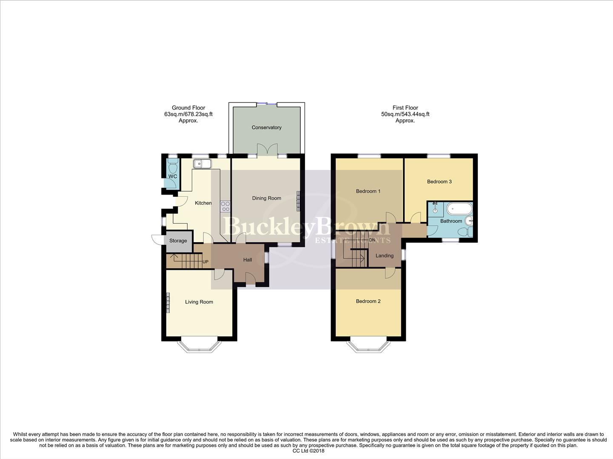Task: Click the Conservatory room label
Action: click(266, 127)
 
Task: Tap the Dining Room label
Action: click(266, 198)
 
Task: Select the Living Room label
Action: click(199, 302)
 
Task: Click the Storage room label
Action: click(178, 241)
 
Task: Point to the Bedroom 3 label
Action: click(439, 181)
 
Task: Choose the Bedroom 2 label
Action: click(368, 301)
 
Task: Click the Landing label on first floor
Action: click(384, 256)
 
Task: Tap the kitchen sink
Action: click(201, 164)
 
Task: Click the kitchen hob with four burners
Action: click(225, 207)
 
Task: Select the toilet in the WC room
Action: click(172, 164)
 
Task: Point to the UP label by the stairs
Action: click(205, 262)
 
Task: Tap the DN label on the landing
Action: click(372, 240)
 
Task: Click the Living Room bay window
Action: click(199, 346)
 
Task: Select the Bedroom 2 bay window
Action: click(368, 346)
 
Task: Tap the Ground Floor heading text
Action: click(188, 108)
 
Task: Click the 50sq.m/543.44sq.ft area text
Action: click(405, 114)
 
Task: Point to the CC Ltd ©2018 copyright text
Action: click(308, 451)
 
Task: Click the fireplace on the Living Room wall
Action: click(168, 303)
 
